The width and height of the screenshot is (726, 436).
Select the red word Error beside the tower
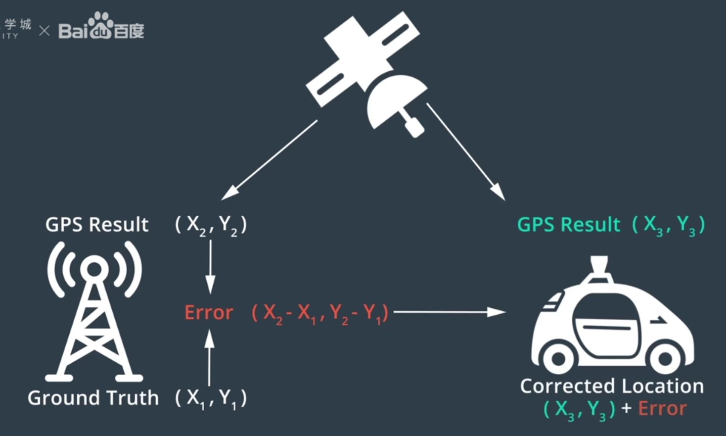(x=209, y=313)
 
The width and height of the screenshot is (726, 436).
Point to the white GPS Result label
(x=97, y=225)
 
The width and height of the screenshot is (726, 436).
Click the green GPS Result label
(x=568, y=225)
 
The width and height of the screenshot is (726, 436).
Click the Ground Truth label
(x=93, y=398)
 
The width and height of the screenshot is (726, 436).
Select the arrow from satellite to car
(x=465, y=151)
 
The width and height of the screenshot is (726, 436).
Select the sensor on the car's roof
(x=599, y=264)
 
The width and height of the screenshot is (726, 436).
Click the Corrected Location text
(x=612, y=386)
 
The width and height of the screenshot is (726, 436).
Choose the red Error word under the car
(x=662, y=409)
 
